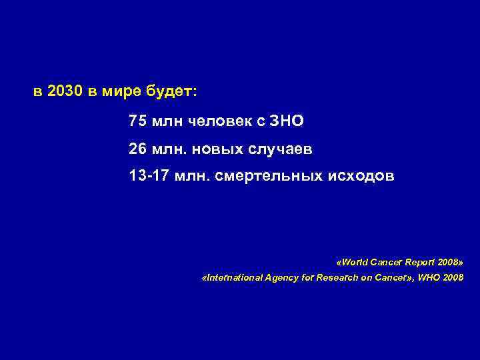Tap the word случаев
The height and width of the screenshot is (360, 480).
click(281, 149)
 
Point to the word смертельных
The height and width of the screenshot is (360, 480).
click(273, 177)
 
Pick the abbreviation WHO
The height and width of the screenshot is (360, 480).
click(427, 277)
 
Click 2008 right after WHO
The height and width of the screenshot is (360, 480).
click(452, 277)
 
